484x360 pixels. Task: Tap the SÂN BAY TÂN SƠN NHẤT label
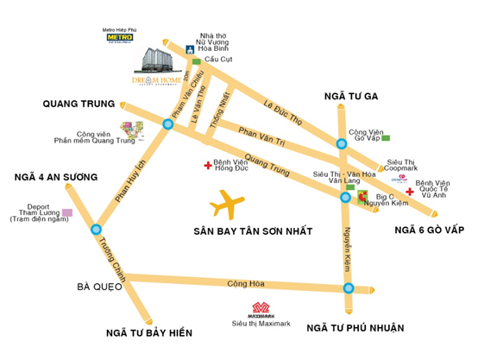252,232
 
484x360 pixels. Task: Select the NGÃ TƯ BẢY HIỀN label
149,332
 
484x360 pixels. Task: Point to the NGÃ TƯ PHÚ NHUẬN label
355,327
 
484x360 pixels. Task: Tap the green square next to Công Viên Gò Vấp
387,138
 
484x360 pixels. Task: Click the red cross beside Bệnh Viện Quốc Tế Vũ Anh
409,191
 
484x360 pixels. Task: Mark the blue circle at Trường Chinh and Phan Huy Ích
93,230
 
